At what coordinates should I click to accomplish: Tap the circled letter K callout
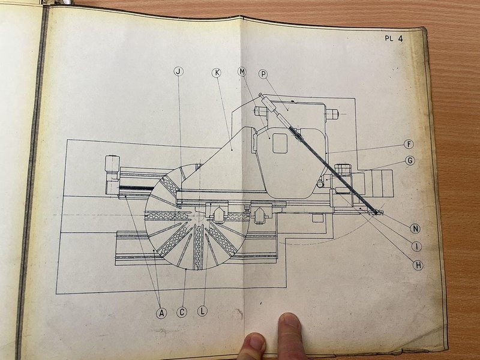coord(217,73)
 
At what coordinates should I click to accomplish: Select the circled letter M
coord(242,72)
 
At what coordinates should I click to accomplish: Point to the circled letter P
coord(263,73)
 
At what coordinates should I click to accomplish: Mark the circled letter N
coord(415,228)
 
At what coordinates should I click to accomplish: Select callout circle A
coord(161,312)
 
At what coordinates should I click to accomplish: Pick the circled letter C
coord(181,312)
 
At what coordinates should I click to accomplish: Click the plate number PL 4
coord(394,40)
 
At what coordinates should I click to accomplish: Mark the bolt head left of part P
coord(260,112)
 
